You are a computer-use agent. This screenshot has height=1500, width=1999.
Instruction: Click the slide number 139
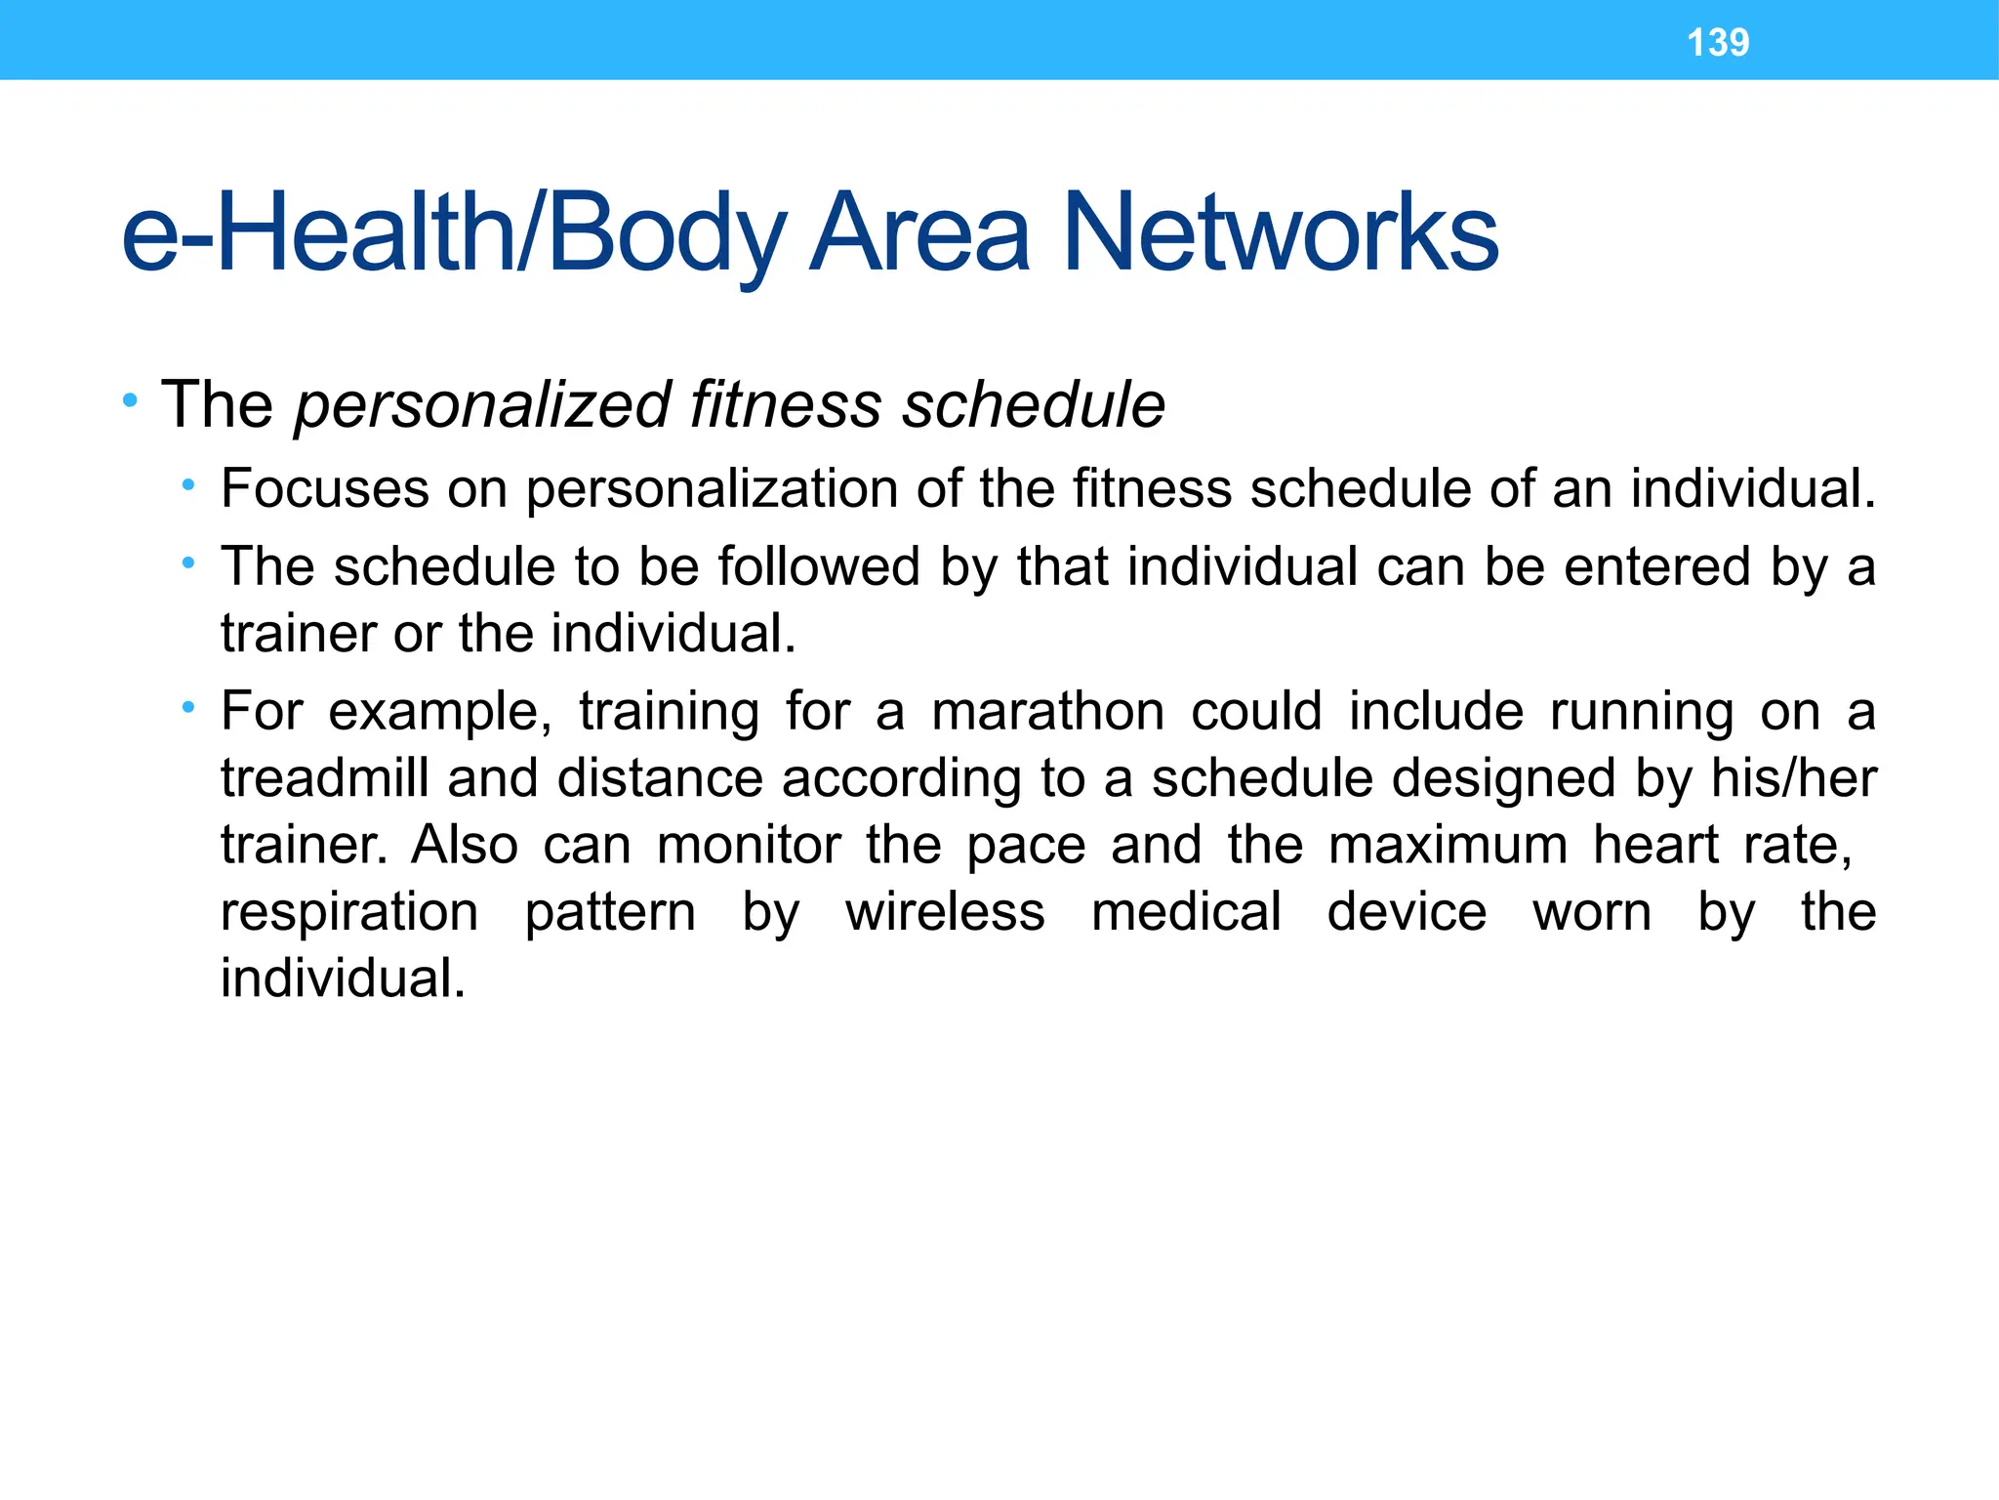(1718, 42)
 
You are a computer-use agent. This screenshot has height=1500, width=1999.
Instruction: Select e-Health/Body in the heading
(453, 234)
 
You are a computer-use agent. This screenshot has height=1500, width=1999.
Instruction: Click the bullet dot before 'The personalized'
(130, 400)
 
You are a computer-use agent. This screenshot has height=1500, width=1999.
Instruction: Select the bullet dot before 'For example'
(188, 707)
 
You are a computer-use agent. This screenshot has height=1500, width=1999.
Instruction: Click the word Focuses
(324, 488)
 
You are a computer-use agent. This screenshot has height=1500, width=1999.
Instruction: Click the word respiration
(349, 913)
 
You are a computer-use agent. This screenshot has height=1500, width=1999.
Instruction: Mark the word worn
(1592, 913)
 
